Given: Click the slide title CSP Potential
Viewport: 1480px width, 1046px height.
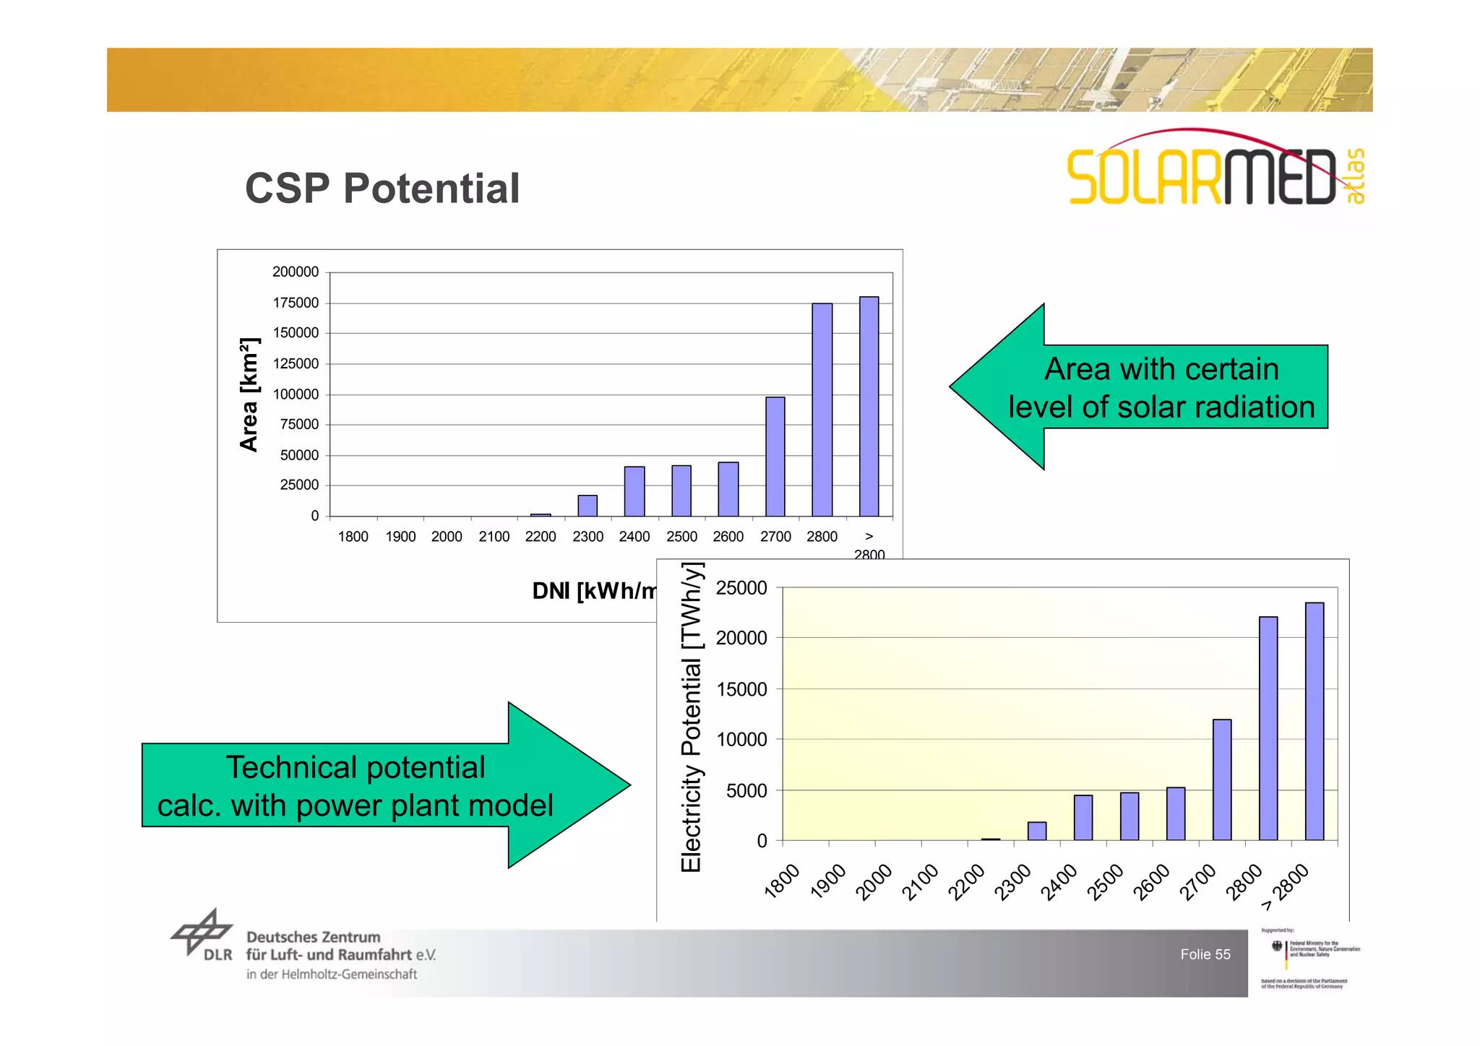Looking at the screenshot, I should click(x=382, y=189).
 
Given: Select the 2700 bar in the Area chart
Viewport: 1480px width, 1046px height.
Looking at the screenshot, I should click(x=775, y=457).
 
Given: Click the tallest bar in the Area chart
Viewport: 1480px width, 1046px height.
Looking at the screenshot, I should click(x=869, y=407).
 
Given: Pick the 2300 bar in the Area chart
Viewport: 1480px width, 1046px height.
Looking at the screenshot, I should click(x=588, y=506).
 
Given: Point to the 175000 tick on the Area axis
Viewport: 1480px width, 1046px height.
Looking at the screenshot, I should click(x=296, y=303).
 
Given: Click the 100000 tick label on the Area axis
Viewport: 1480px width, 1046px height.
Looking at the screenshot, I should click(x=296, y=394).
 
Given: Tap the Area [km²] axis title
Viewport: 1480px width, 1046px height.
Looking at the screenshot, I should click(x=249, y=394).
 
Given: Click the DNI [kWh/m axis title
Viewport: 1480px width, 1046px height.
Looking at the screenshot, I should click(x=593, y=591).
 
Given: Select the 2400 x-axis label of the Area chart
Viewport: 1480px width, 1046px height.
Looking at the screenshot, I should click(x=634, y=537).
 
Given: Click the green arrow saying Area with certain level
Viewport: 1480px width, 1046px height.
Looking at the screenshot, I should click(x=1149, y=387).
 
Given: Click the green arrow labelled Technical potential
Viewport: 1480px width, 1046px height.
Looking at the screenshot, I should click(x=376, y=786).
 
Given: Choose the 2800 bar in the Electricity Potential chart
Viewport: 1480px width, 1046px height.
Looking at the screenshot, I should click(x=1268, y=728).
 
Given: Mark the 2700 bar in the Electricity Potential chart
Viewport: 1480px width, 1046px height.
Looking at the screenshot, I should click(x=1222, y=779).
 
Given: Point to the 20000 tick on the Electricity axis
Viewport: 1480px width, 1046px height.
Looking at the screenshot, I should click(x=741, y=638).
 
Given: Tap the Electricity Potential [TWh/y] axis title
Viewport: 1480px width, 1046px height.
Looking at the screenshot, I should click(x=692, y=718).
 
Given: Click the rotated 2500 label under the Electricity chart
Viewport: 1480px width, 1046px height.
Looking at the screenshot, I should click(x=1106, y=882).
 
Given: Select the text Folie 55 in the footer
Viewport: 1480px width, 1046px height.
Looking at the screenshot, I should click(x=1205, y=954).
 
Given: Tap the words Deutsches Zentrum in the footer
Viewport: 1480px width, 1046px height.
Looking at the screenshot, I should click(x=313, y=937).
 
